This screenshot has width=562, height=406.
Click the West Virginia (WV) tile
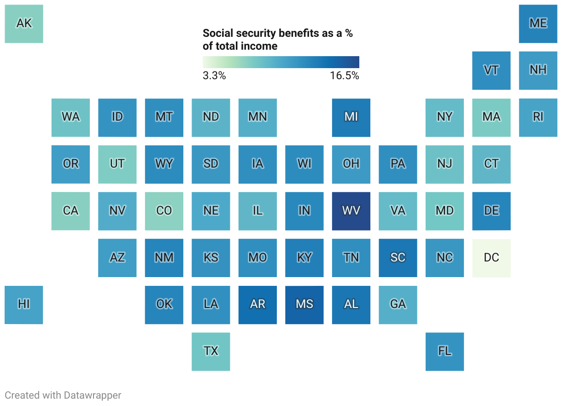[x=351, y=211]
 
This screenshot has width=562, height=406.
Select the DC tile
[x=491, y=258]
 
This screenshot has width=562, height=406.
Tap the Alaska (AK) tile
[x=24, y=23]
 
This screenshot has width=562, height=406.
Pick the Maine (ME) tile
[x=538, y=23]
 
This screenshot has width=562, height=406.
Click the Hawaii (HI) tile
[x=24, y=304]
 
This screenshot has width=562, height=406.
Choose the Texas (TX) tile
[x=211, y=351]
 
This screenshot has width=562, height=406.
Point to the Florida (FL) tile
[x=445, y=351]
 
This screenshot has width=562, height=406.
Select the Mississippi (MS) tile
[x=304, y=304]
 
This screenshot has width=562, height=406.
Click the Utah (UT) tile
[x=117, y=164]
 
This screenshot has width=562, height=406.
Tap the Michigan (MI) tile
[x=351, y=117]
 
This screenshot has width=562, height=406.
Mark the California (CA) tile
[x=70, y=211]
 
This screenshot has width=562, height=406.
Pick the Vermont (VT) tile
[x=491, y=70]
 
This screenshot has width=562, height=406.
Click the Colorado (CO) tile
[x=164, y=211]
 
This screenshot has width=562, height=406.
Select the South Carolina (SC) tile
[x=398, y=258]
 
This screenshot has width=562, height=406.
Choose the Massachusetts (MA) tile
[x=491, y=117]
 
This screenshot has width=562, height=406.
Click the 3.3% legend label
[x=214, y=76]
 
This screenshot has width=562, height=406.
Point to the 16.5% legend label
[x=344, y=76]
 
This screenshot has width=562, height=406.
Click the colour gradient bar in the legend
[x=281, y=62]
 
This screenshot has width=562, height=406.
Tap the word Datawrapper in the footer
[x=93, y=395]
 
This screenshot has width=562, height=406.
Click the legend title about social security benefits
[x=277, y=40]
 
